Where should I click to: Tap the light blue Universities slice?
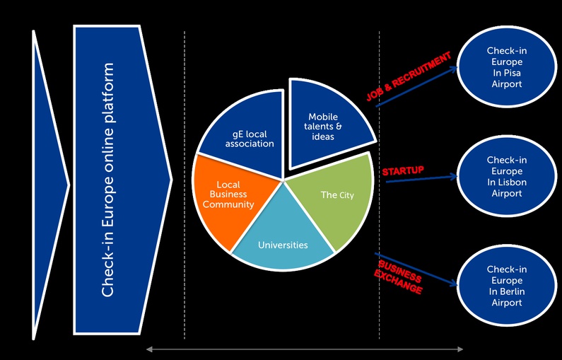[x=283, y=240]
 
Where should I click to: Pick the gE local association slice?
[x=244, y=141]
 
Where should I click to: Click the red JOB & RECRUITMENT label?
[x=408, y=77]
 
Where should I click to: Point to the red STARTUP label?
[x=402, y=172]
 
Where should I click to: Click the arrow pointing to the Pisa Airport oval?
[x=417, y=86]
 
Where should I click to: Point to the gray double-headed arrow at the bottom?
[x=304, y=349]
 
